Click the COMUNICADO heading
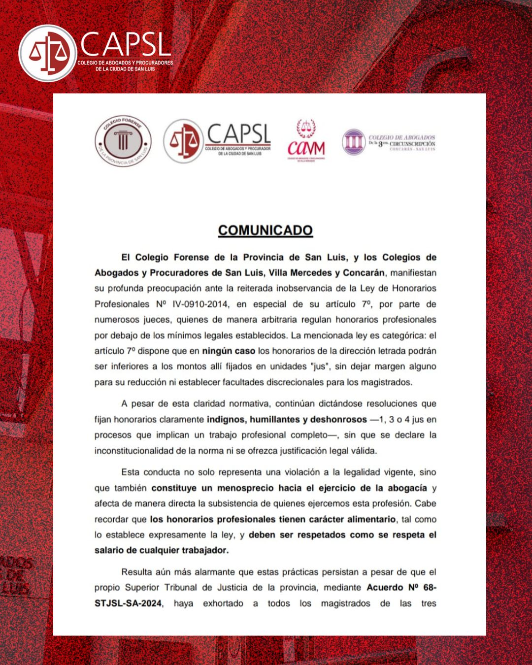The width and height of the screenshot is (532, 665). [x=265, y=230]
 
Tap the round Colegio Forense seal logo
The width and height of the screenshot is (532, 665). [x=123, y=141]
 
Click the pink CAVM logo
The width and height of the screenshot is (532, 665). [x=306, y=141]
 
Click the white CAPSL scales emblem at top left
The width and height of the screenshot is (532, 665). [x=48, y=53]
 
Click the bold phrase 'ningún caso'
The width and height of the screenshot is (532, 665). [x=229, y=351]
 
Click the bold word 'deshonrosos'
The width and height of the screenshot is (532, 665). [x=338, y=419]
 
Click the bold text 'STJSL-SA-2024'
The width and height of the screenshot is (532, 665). [x=128, y=603]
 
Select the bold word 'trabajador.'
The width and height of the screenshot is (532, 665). [x=199, y=550]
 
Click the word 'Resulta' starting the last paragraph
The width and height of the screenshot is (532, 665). [x=136, y=572]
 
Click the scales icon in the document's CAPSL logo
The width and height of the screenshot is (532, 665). [x=183, y=141]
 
